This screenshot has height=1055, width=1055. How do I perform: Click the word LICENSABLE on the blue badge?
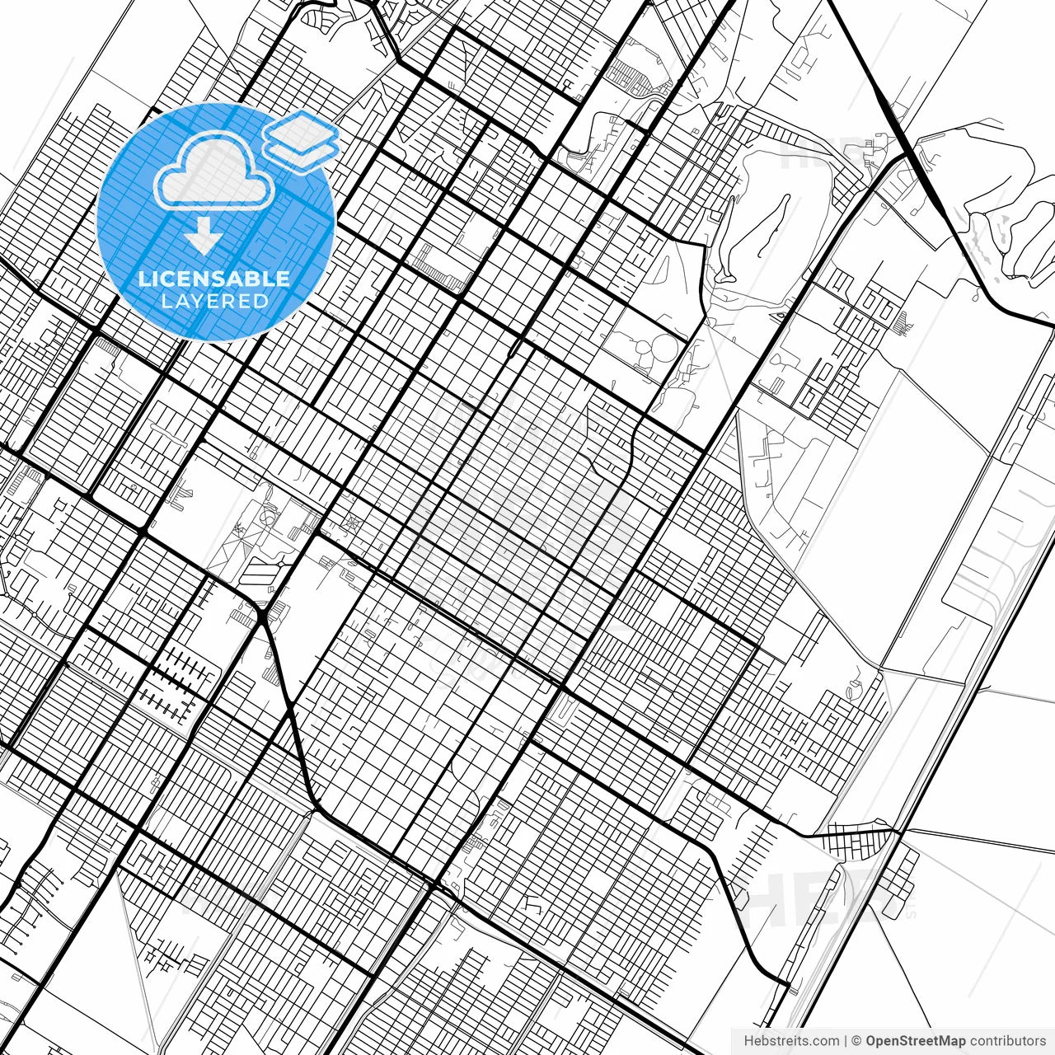pyautogui.click(x=214, y=279)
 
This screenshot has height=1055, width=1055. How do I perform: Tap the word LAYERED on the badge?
pyautogui.click(x=214, y=301)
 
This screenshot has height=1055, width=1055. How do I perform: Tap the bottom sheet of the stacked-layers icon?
pyautogui.click(x=302, y=152)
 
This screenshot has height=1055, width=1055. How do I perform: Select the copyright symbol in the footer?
pyautogui.click(x=856, y=1041)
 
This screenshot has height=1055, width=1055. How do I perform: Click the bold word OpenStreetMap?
pyautogui.click(x=916, y=1041)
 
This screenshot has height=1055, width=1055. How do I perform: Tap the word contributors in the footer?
pyautogui.click(x=1007, y=1041)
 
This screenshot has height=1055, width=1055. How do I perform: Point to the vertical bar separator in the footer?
pyautogui.click(x=845, y=1041)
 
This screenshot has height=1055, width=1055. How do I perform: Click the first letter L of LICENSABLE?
pyautogui.click(x=143, y=279)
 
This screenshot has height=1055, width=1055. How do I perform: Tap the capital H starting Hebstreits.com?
pyautogui.click(x=748, y=1041)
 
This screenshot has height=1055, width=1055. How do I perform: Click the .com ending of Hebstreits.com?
pyautogui.click(x=825, y=1041)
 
